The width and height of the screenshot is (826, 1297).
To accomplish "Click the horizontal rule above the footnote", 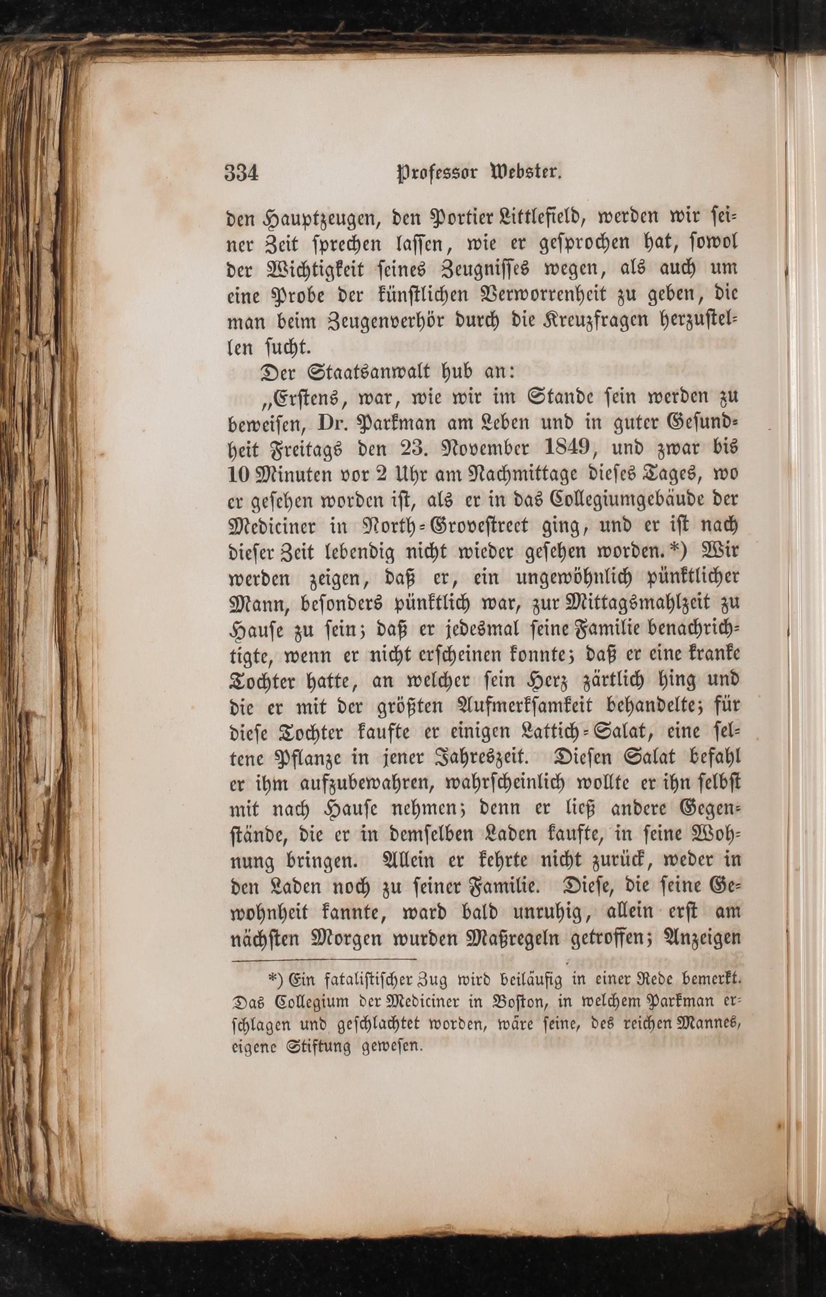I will point(324,959).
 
